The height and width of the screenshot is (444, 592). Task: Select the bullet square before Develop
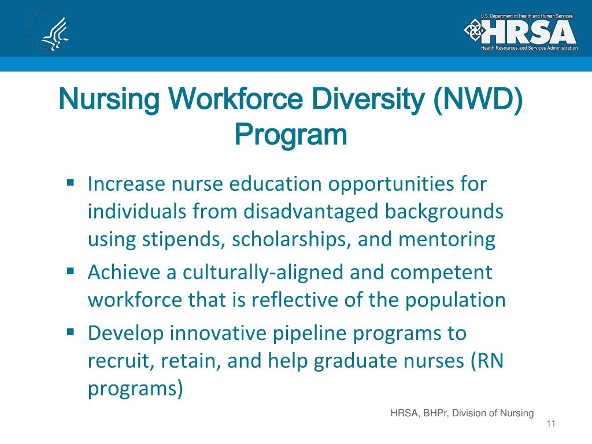[71, 332]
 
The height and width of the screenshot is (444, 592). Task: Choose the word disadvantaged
[312, 212]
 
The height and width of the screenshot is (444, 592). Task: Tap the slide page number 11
[550, 425]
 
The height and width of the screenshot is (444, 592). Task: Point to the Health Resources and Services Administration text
[529, 48]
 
